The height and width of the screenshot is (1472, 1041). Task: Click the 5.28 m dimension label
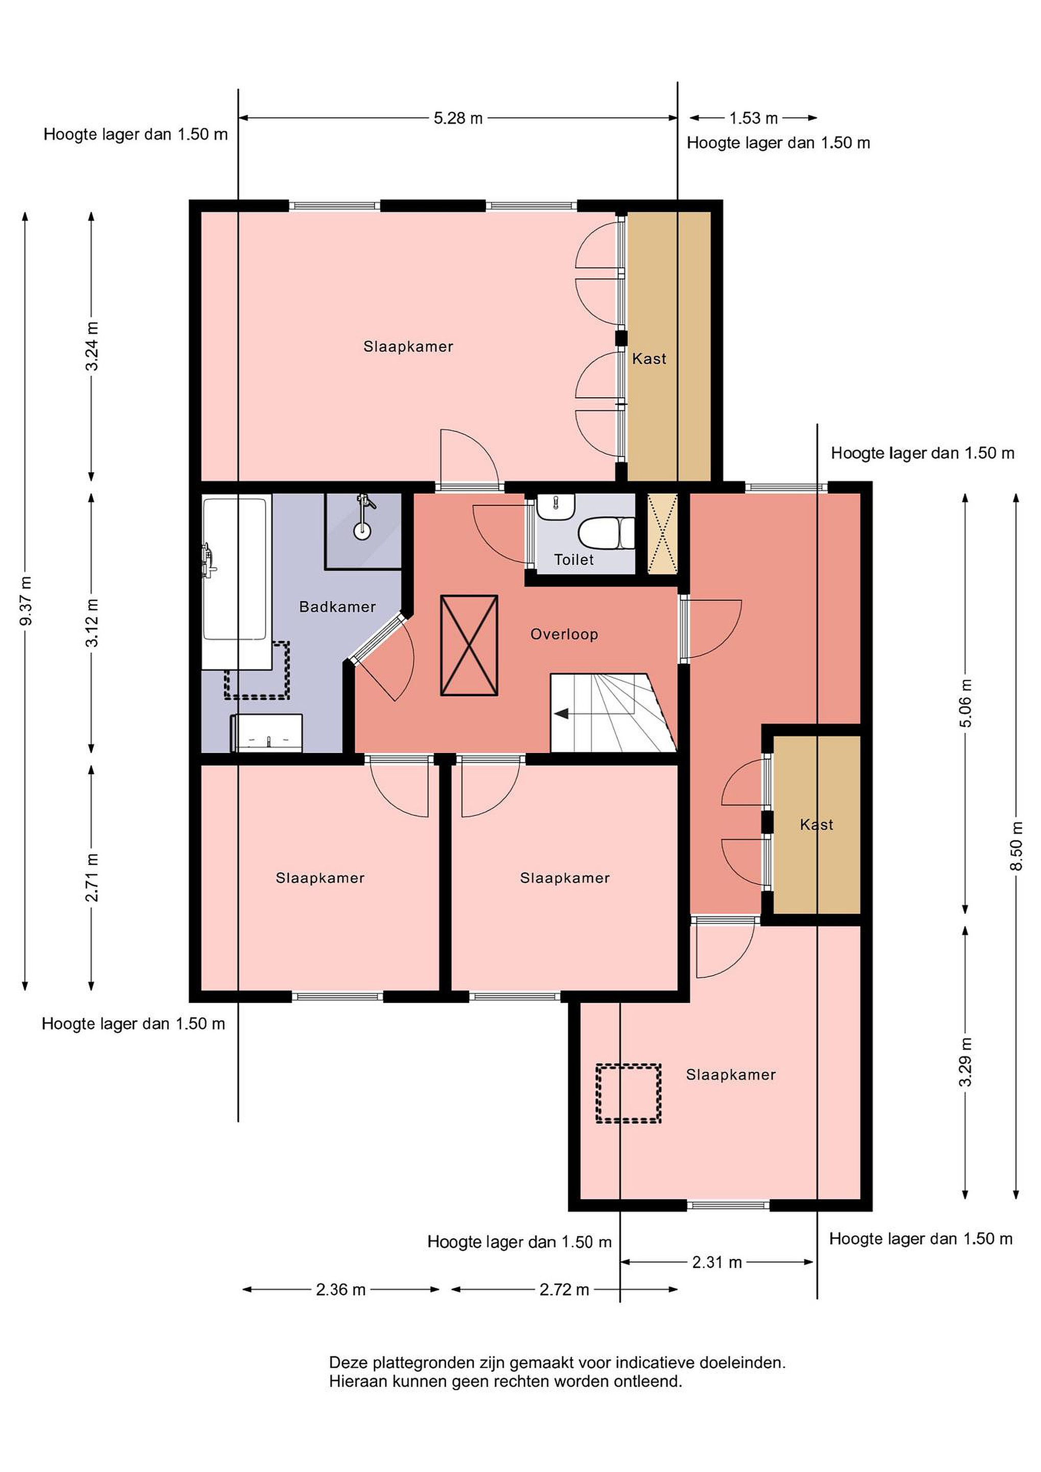pos(458,119)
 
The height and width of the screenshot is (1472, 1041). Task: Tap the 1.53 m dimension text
pos(754,118)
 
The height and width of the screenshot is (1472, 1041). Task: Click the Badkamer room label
pos(337,607)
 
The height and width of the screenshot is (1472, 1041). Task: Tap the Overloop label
pos(564,634)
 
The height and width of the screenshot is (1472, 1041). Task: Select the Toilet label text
pos(574,560)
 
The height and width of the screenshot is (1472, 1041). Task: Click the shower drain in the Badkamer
pos(362,531)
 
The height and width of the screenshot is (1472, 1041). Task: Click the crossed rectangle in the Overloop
pos(469,645)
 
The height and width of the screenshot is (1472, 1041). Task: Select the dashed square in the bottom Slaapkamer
pos(628,1094)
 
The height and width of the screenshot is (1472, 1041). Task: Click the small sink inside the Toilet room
pos(556,507)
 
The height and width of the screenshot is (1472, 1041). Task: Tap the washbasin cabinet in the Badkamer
pos(267,732)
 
